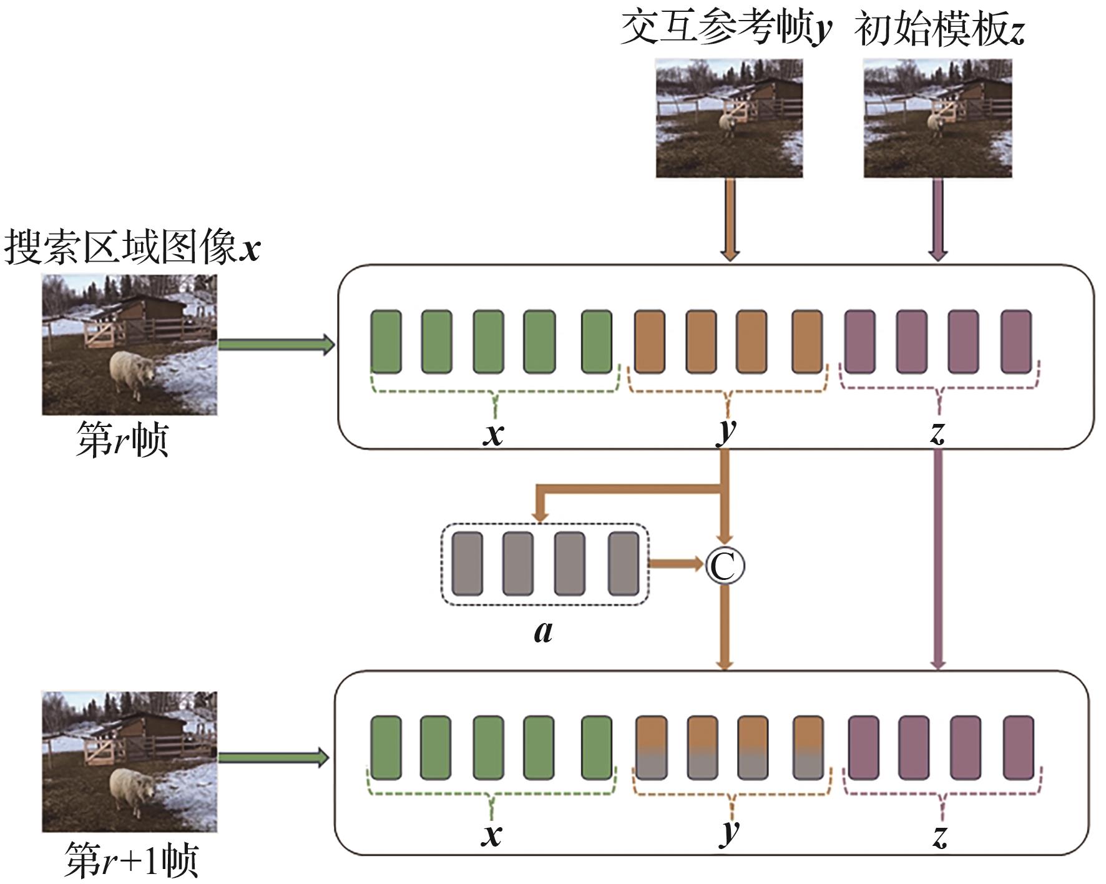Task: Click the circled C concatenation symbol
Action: (725, 566)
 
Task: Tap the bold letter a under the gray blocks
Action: (543, 632)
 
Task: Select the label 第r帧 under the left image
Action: (122, 439)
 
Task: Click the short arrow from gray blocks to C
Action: (677, 564)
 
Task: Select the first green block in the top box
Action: (386, 341)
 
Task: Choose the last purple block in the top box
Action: (1015, 341)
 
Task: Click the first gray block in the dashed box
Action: (467, 564)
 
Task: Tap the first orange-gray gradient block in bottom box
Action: (651, 748)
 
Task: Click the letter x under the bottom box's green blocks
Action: (492, 834)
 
